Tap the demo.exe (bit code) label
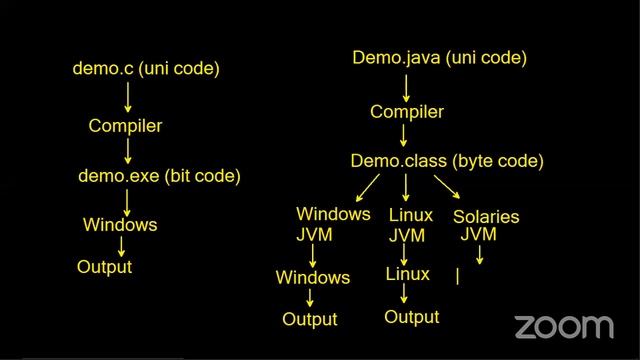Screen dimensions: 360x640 pyautogui.click(x=159, y=176)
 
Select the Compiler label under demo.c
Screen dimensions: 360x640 pyautogui.click(x=125, y=126)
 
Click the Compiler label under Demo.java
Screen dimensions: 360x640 pyautogui.click(x=406, y=111)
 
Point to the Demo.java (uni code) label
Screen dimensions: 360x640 pyautogui.click(x=439, y=58)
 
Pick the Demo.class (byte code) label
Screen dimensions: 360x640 pyautogui.click(x=447, y=160)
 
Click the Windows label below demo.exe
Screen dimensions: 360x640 pyautogui.click(x=120, y=225)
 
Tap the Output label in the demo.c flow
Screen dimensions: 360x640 pyautogui.click(x=105, y=267)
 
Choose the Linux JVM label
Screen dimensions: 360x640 pyautogui.click(x=409, y=225)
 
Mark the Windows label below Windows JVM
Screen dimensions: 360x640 pyautogui.click(x=313, y=277)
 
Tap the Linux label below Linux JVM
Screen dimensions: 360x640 pyautogui.click(x=407, y=274)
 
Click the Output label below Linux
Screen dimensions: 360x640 pyautogui.click(x=412, y=317)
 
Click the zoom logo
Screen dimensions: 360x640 pyautogui.click(x=563, y=326)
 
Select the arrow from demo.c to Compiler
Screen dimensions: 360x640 pyautogui.click(x=128, y=97)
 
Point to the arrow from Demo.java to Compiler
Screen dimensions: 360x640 pyautogui.click(x=406, y=85)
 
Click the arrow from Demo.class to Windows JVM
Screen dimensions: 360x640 pyautogui.click(x=365, y=187)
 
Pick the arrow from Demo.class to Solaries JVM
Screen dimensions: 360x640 pyautogui.click(x=447, y=187)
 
